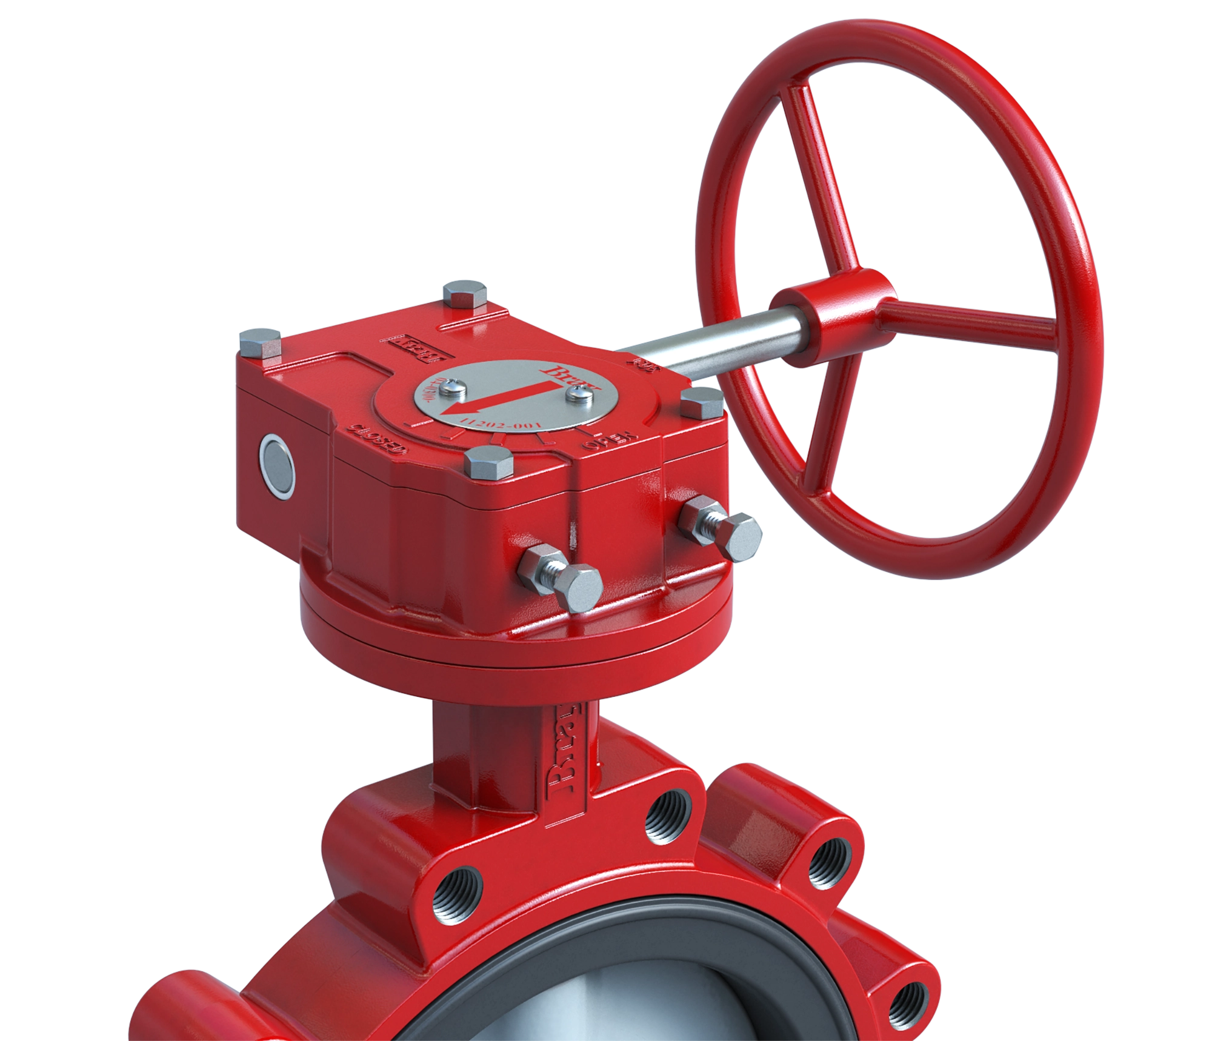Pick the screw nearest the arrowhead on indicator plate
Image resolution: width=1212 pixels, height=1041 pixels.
[x=453, y=385]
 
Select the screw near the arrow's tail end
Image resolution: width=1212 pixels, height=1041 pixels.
[x=575, y=394]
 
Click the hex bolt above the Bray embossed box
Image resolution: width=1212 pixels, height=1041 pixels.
[x=464, y=293]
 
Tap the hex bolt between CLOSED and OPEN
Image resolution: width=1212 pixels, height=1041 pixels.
[x=488, y=463]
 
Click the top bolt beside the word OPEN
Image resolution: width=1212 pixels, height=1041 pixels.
[x=701, y=402]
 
